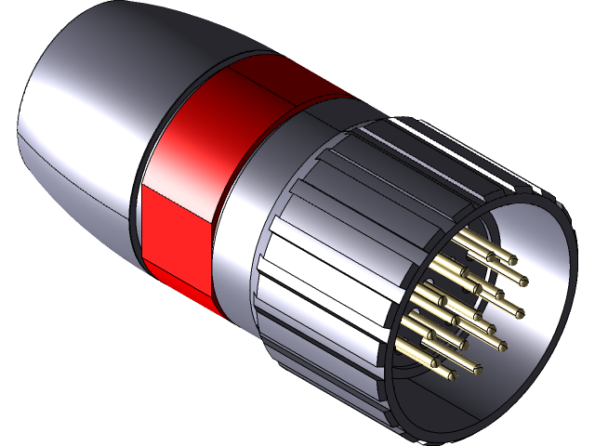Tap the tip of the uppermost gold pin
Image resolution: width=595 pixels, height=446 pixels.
[509, 260]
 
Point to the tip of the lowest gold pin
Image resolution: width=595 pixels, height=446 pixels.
[451, 376]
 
